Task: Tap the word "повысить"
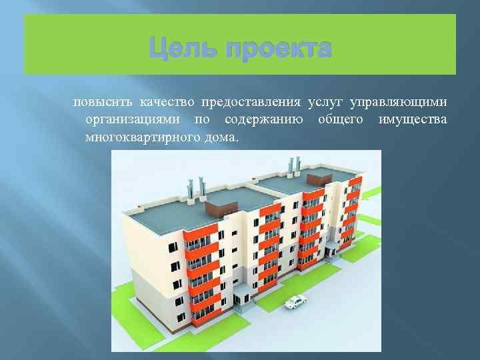point(103,102)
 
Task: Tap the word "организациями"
point(135,120)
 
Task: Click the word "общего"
point(341,120)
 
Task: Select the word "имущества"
point(413,120)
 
